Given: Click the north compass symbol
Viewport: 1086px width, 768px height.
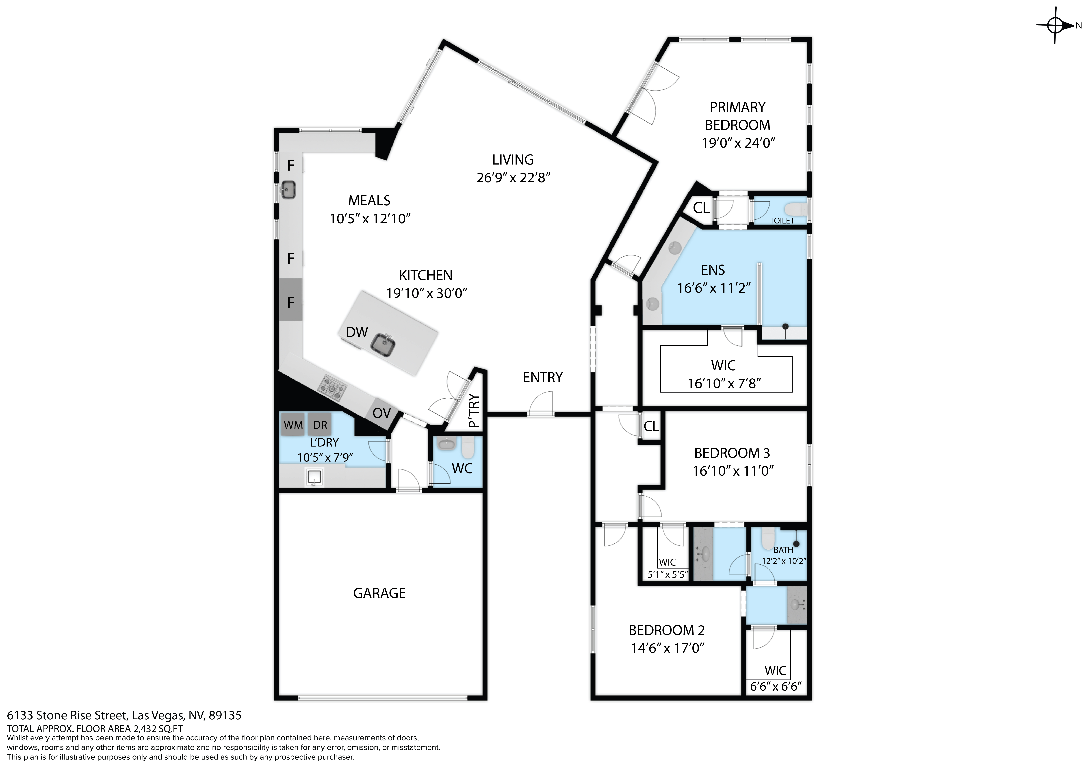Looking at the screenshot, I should point(1055,26).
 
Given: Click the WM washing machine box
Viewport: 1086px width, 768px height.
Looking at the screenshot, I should point(293,425).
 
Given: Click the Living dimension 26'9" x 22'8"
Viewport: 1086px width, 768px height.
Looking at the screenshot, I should point(513,178).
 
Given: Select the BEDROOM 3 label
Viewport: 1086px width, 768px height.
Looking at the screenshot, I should point(732,453).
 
